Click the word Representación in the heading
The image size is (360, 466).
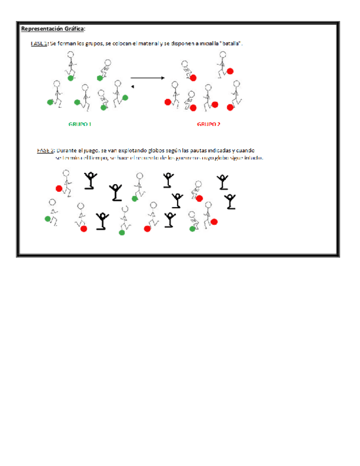(x=43, y=29)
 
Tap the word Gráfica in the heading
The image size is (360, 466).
(x=75, y=29)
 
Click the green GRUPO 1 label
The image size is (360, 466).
(x=80, y=124)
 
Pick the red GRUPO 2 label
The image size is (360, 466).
(x=209, y=124)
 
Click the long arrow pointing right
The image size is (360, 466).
(x=147, y=78)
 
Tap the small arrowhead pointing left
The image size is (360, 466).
(x=132, y=87)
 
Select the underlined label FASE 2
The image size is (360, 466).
(x=46, y=149)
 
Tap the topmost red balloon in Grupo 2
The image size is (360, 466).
(x=230, y=70)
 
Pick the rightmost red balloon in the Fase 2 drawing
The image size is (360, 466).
(x=214, y=221)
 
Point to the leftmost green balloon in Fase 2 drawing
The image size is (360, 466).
(x=48, y=219)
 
